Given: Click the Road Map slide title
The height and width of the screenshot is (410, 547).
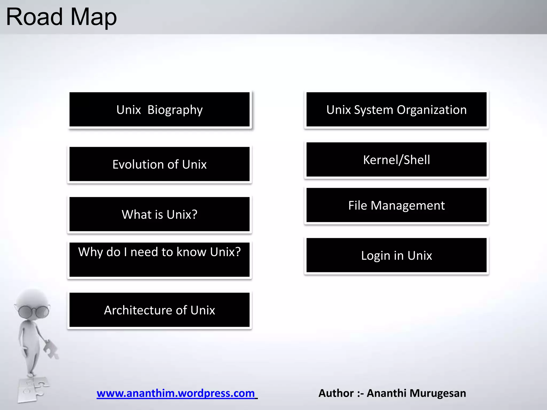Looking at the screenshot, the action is click(x=61, y=17).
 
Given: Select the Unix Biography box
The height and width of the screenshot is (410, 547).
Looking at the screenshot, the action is click(x=159, y=109).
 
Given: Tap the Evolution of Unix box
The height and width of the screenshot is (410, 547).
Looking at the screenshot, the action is click(x=159, y=164).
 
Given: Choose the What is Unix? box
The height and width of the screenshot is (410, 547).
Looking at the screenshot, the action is click(x=159, y=214).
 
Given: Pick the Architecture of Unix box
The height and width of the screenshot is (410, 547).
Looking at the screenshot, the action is click(x=159, y=310).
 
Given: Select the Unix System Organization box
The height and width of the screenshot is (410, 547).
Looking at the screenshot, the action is click(x=396, y=109).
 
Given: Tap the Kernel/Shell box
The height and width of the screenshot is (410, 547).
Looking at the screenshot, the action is click(x=396, y=160).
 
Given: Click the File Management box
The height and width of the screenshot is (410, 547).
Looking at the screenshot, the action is click(x=396, y=205).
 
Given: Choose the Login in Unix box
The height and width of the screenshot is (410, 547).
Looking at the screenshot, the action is click(x=396, y=255).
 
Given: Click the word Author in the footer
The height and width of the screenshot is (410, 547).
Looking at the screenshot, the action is click(x=336, y=393).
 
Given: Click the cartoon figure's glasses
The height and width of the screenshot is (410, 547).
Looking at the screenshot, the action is click(x=34, y=311).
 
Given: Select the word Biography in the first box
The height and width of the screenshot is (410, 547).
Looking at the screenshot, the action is click(x=175, y=110).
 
